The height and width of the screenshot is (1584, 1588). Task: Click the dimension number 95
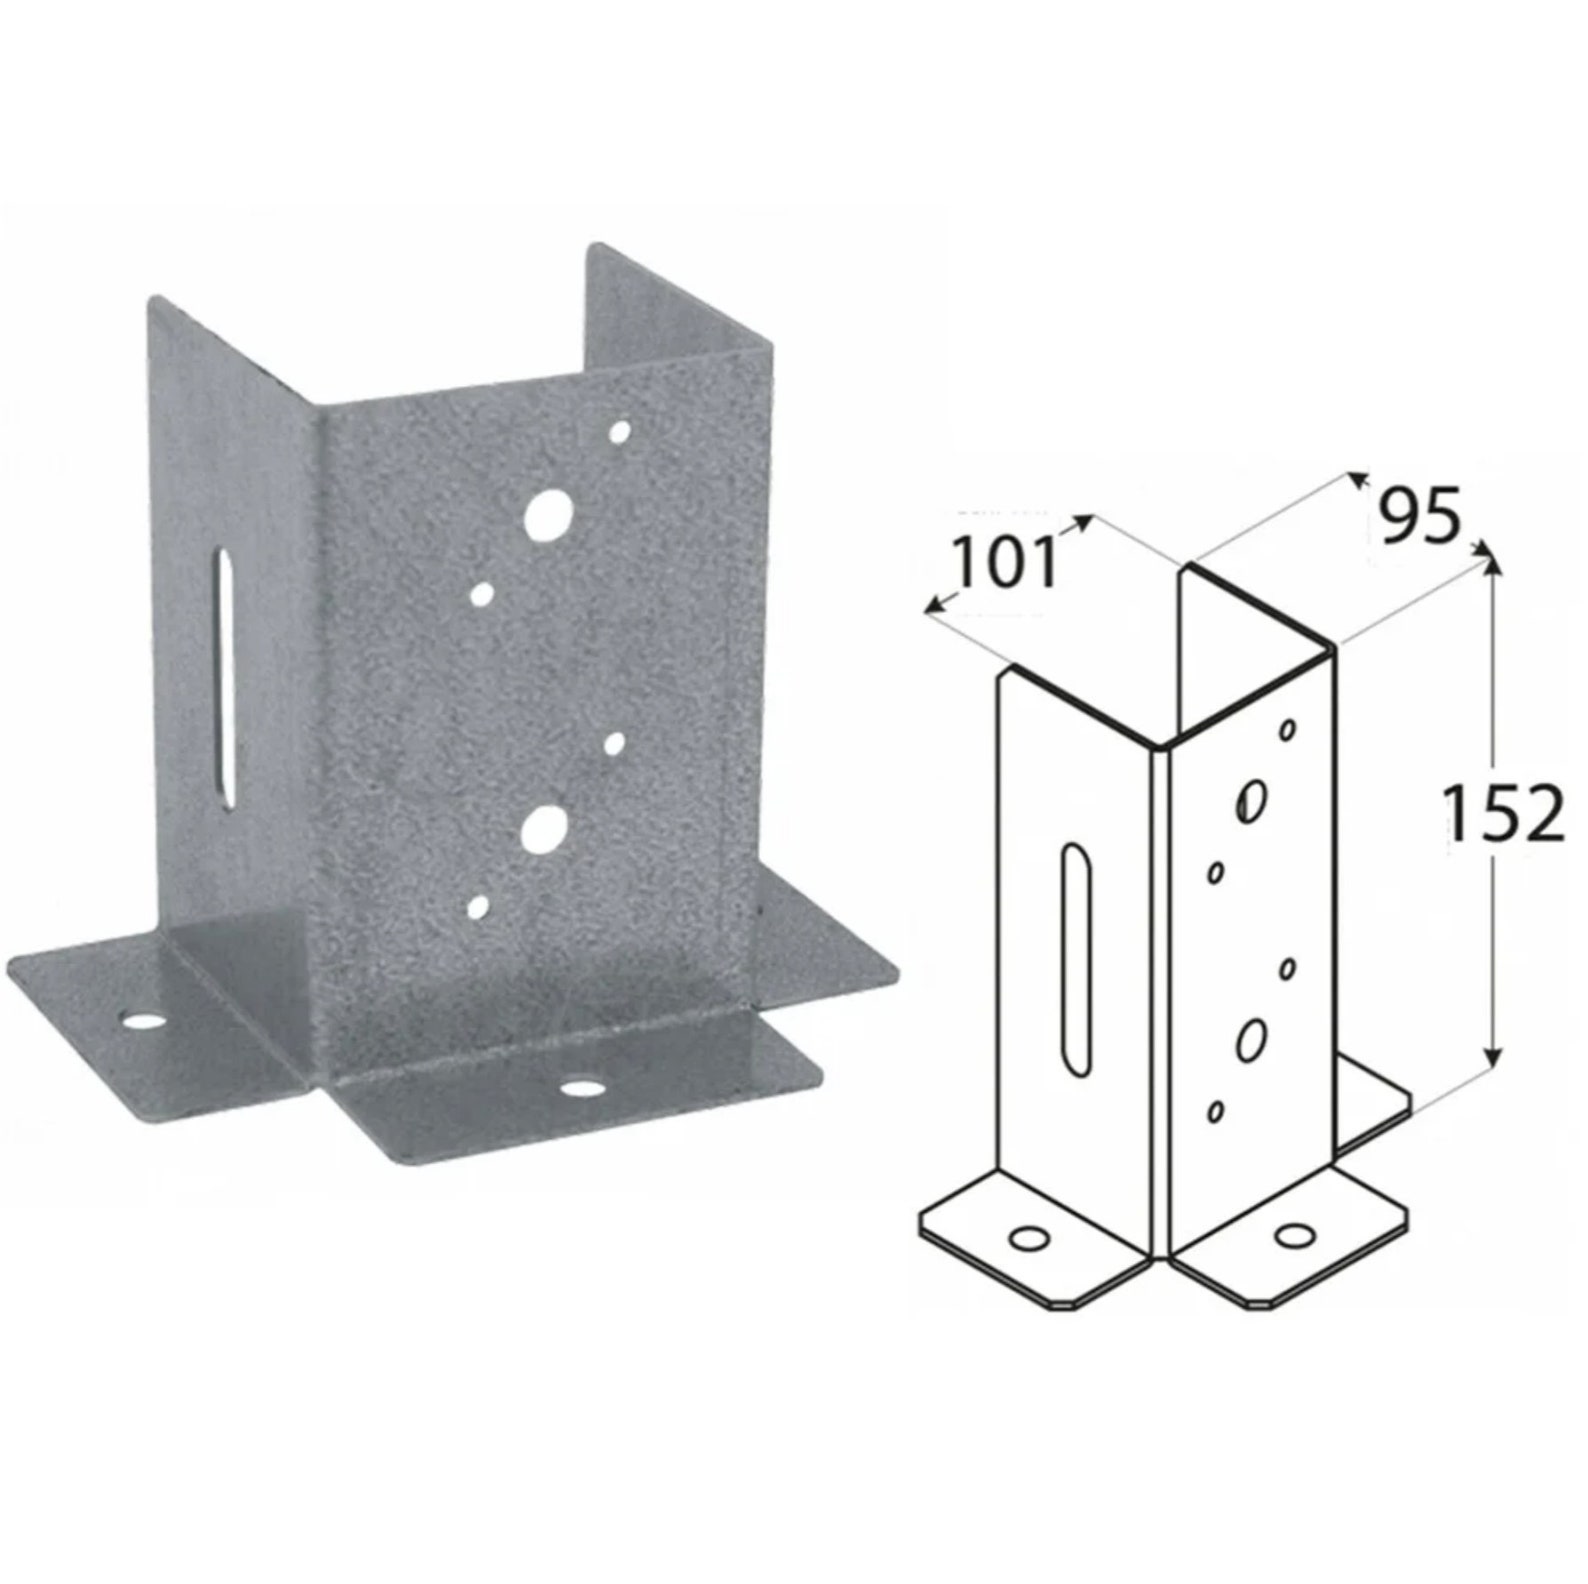click(1420, 516)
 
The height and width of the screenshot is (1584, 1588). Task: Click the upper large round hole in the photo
click(547, 511)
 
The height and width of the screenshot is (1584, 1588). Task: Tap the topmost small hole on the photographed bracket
click(620, 432)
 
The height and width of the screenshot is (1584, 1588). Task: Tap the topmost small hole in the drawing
click(1289, 730)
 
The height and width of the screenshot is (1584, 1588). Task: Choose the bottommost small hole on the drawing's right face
click(1216, 1110)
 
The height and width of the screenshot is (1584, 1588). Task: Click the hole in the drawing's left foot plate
click(1029, 1240)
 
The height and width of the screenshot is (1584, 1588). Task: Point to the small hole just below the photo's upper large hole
click(482, 596)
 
